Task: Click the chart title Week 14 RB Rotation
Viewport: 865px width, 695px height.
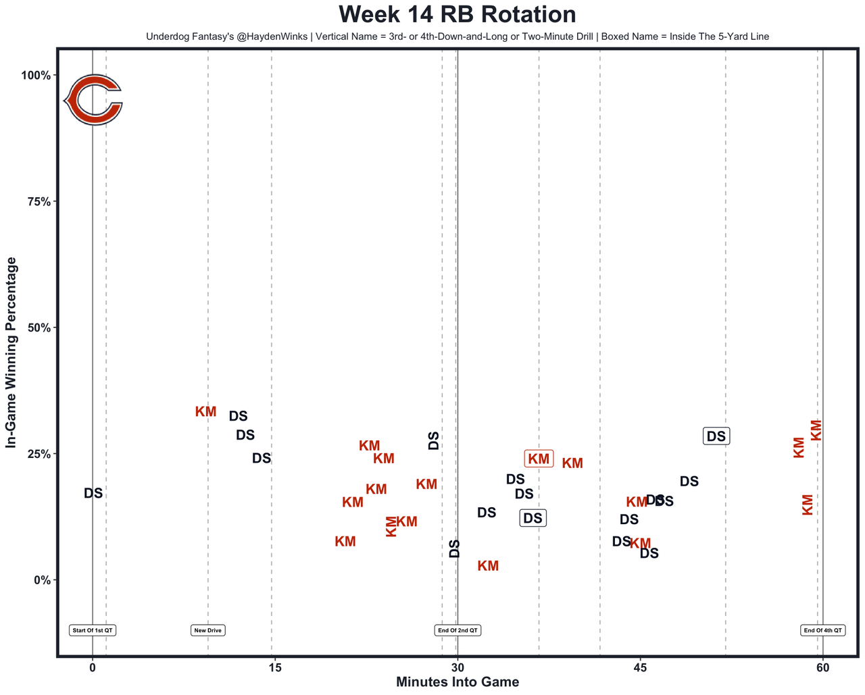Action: coord(458,15)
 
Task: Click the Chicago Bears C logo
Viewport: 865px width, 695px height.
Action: coord(93,101)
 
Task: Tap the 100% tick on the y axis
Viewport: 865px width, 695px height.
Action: coord(36,75)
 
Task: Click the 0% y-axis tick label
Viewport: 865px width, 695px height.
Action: coord(42,580)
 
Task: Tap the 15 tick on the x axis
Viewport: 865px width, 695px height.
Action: coord(274,668)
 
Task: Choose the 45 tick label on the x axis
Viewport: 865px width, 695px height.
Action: coord(640,668)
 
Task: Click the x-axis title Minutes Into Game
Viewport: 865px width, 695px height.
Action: coord(458,682)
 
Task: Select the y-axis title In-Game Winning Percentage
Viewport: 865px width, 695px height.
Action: coord(11,353)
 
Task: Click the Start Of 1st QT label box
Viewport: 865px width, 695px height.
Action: coord(93,630)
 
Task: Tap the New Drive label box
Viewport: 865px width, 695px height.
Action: coord(207,630)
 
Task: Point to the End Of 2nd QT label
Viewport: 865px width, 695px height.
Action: coord(458,630)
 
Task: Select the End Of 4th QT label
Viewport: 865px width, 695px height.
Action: coord(822,630)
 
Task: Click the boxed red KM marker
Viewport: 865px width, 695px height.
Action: coord(539,459)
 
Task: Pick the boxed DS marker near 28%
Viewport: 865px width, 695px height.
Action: coord(716,436)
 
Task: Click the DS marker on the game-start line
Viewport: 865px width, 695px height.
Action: coord(93,493)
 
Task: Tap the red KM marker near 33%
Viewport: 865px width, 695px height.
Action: coord(205,411)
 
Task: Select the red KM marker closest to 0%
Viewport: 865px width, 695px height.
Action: coord(488,566)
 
